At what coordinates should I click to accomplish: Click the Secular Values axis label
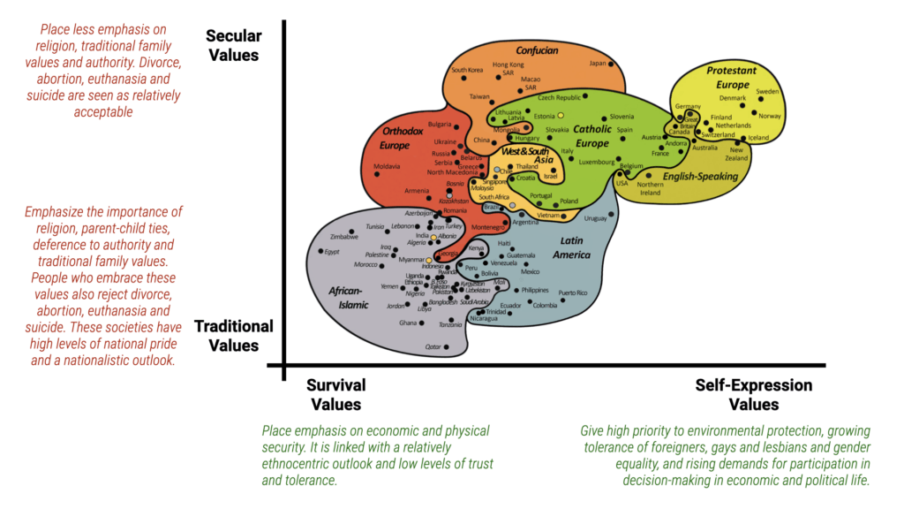233,45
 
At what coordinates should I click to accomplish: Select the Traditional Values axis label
233,336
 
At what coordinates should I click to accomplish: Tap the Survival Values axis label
335,395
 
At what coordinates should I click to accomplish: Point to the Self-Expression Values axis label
753,395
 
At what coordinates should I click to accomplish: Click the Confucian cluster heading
537,50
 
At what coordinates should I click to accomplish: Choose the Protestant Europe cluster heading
733,78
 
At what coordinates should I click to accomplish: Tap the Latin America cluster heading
571,247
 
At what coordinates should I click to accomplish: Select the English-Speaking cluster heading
700,177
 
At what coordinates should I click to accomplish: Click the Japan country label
598,63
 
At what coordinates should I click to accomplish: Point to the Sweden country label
767,92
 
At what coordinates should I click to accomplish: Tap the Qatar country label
433,347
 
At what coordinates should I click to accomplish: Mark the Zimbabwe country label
343,237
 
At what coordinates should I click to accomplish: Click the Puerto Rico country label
573,292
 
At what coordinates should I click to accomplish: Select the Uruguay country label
596,217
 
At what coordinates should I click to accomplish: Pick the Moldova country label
387,166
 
